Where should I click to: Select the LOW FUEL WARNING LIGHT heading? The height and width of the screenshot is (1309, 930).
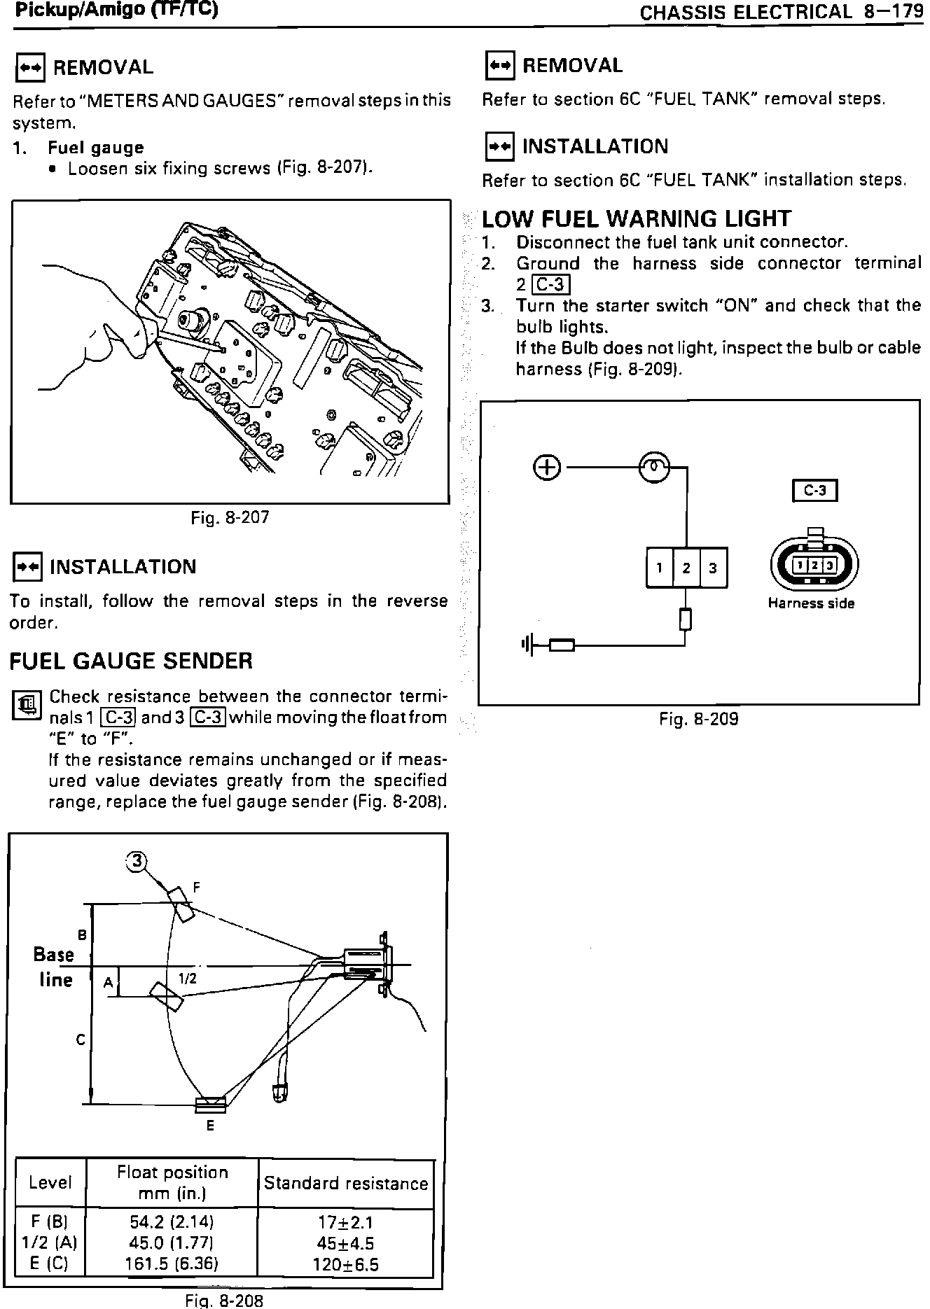[637, 219]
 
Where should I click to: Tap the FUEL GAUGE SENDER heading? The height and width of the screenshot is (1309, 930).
[131, 661]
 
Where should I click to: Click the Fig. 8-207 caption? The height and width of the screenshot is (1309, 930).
[230, 517]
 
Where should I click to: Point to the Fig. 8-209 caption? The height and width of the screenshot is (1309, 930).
[698, 718]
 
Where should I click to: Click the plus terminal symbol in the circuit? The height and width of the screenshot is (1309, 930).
[548, 467]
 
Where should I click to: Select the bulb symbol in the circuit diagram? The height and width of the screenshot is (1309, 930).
[654, 467]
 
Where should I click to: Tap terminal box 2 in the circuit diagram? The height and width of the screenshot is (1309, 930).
[686, 568]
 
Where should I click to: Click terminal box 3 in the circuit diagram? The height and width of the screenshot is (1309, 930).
[713, 568]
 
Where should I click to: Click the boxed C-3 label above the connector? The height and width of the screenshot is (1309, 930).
[814, 491]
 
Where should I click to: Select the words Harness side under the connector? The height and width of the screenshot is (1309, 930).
[811, 603]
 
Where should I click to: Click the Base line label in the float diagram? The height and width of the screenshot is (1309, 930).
[55, 967]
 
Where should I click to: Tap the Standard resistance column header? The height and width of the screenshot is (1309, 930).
[346, 1184]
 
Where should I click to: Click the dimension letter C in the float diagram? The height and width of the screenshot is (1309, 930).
[81, 1040]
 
